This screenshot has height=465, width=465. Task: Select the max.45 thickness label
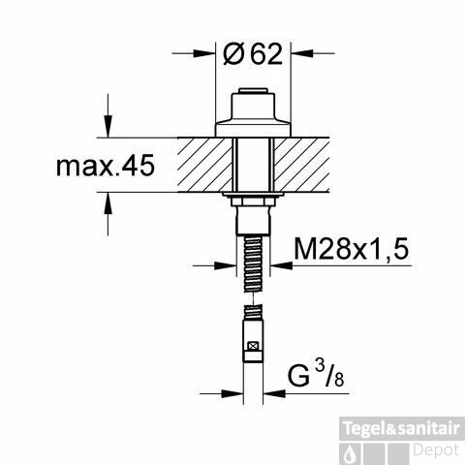(x=104, y=167)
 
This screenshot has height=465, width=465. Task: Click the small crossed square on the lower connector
(x=254, y=346)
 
